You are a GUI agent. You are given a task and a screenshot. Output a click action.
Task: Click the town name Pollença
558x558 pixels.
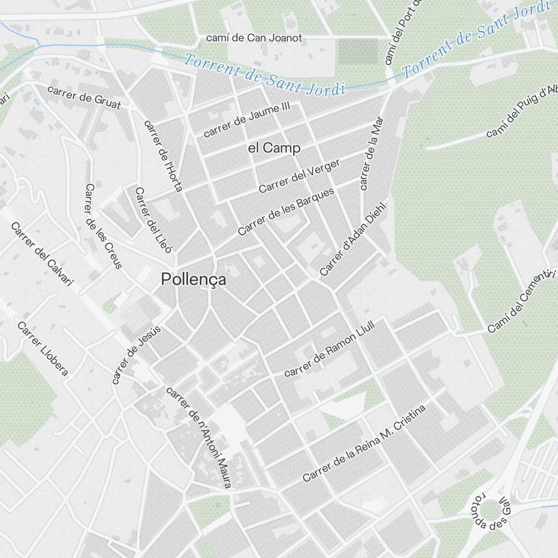coord(194,280)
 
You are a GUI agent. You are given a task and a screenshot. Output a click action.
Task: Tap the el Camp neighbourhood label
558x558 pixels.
coord(274,148)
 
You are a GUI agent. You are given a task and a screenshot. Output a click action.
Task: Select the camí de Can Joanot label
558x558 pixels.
coord(254,39)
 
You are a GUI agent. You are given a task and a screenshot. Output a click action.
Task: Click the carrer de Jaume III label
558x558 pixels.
coord(247,119)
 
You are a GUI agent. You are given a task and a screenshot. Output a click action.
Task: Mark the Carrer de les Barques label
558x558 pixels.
coord(286,211)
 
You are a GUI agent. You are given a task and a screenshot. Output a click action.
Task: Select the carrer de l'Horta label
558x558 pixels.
coord(163,156)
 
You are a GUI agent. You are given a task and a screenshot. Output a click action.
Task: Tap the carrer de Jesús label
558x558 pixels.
coord(136,355)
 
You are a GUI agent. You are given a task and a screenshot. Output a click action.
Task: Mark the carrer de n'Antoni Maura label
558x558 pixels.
coord(198,437)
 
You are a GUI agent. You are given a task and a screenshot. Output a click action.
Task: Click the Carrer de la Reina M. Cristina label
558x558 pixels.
coord(364,444)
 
